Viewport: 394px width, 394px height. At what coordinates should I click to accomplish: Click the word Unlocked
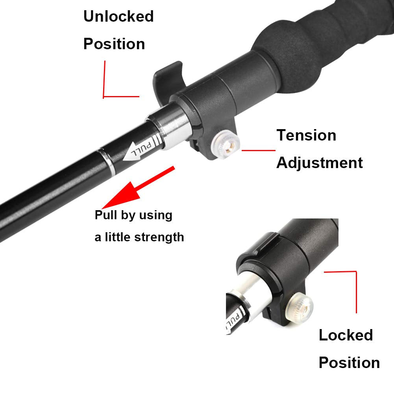tap(118, 16)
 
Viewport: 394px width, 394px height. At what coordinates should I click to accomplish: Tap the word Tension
tap(306, 135)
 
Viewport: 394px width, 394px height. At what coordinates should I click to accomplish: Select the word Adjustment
tap(319, 163)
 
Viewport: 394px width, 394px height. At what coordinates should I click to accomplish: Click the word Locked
tap(346, 335)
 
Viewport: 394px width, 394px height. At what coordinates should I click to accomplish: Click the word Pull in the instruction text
tap(106, 215)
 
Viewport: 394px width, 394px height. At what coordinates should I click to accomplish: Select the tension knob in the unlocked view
tap(226, 144)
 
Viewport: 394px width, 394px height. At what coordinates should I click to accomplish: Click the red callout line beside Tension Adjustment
tap(258, 150)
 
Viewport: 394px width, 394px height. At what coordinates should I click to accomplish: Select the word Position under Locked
tap(349, 363)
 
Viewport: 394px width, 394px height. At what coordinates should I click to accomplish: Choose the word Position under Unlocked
tap(114, 44)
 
